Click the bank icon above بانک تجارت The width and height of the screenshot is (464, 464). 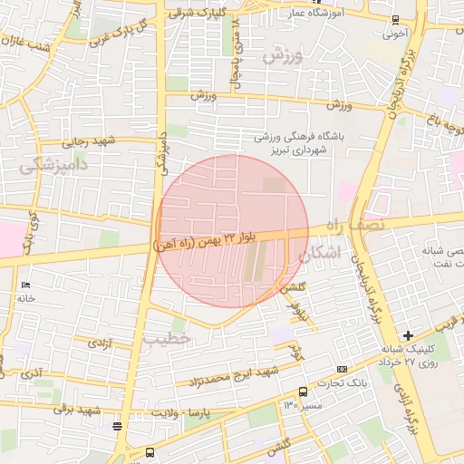[x=341, y=369]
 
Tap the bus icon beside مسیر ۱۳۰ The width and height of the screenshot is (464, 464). [x=303, y=391]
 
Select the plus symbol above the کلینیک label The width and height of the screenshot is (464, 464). [x=409, y=335]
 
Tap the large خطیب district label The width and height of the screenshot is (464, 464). [x=169, y=338]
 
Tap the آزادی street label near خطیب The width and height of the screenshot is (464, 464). [x=100, y=343]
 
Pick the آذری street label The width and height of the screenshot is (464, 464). [x=32, y=372]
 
